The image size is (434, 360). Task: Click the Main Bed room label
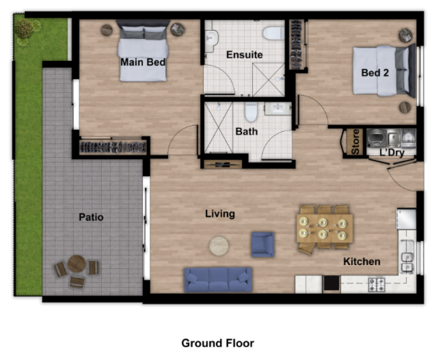(x=143, y=62)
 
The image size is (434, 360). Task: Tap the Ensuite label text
(x=244, y=54)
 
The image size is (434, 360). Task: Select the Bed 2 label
(x=375, y=73)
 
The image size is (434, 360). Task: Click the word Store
(x=355, y=142)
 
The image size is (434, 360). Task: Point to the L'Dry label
(x=392, y=152)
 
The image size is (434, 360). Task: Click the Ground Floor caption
(x=217, y=343)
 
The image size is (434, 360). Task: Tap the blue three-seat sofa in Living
(x=218, y=279)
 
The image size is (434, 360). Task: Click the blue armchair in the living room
(x=262, y=245)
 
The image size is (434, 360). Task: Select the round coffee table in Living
(x=219, y=246)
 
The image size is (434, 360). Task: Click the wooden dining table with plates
(x=325, y=228)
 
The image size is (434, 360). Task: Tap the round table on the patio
(x=77, y=263)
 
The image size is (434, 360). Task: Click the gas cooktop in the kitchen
(x=376, y=285)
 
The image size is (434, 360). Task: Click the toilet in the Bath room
(x=251, y=111)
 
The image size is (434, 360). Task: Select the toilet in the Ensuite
(x=273, y=33)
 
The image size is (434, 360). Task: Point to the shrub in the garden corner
(x=25, y=29)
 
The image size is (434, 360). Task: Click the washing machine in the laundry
(x=376, y=137)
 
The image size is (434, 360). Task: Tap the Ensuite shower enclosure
(x=268, y=79)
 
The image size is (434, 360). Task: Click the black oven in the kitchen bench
(x=331, y=283)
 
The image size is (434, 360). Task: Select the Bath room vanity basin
(x=278, y=109)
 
